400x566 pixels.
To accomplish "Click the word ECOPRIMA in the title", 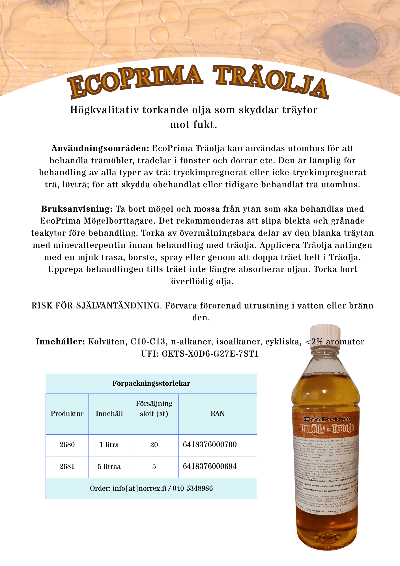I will point(135,81).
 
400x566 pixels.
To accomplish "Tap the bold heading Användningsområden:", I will point(100,149).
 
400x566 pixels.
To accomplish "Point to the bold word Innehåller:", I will point(60,342).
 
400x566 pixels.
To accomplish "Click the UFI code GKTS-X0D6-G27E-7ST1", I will point(210,354).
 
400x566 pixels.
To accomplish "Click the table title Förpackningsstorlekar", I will point(151,383).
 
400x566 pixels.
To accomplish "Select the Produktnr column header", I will point(67,414).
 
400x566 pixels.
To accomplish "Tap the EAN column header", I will point(218,414).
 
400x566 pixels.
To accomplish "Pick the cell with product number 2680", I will point(67,445).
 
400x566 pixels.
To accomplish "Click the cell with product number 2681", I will point(67,467).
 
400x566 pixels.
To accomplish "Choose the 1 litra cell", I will point(109,445).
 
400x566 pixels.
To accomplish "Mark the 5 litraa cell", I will point(109,467).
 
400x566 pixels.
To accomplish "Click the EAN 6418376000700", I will point(210,445).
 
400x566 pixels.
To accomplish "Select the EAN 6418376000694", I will point(210,466).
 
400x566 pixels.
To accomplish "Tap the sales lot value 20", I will point(154,445).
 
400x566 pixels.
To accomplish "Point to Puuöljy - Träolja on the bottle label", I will point(327,428).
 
